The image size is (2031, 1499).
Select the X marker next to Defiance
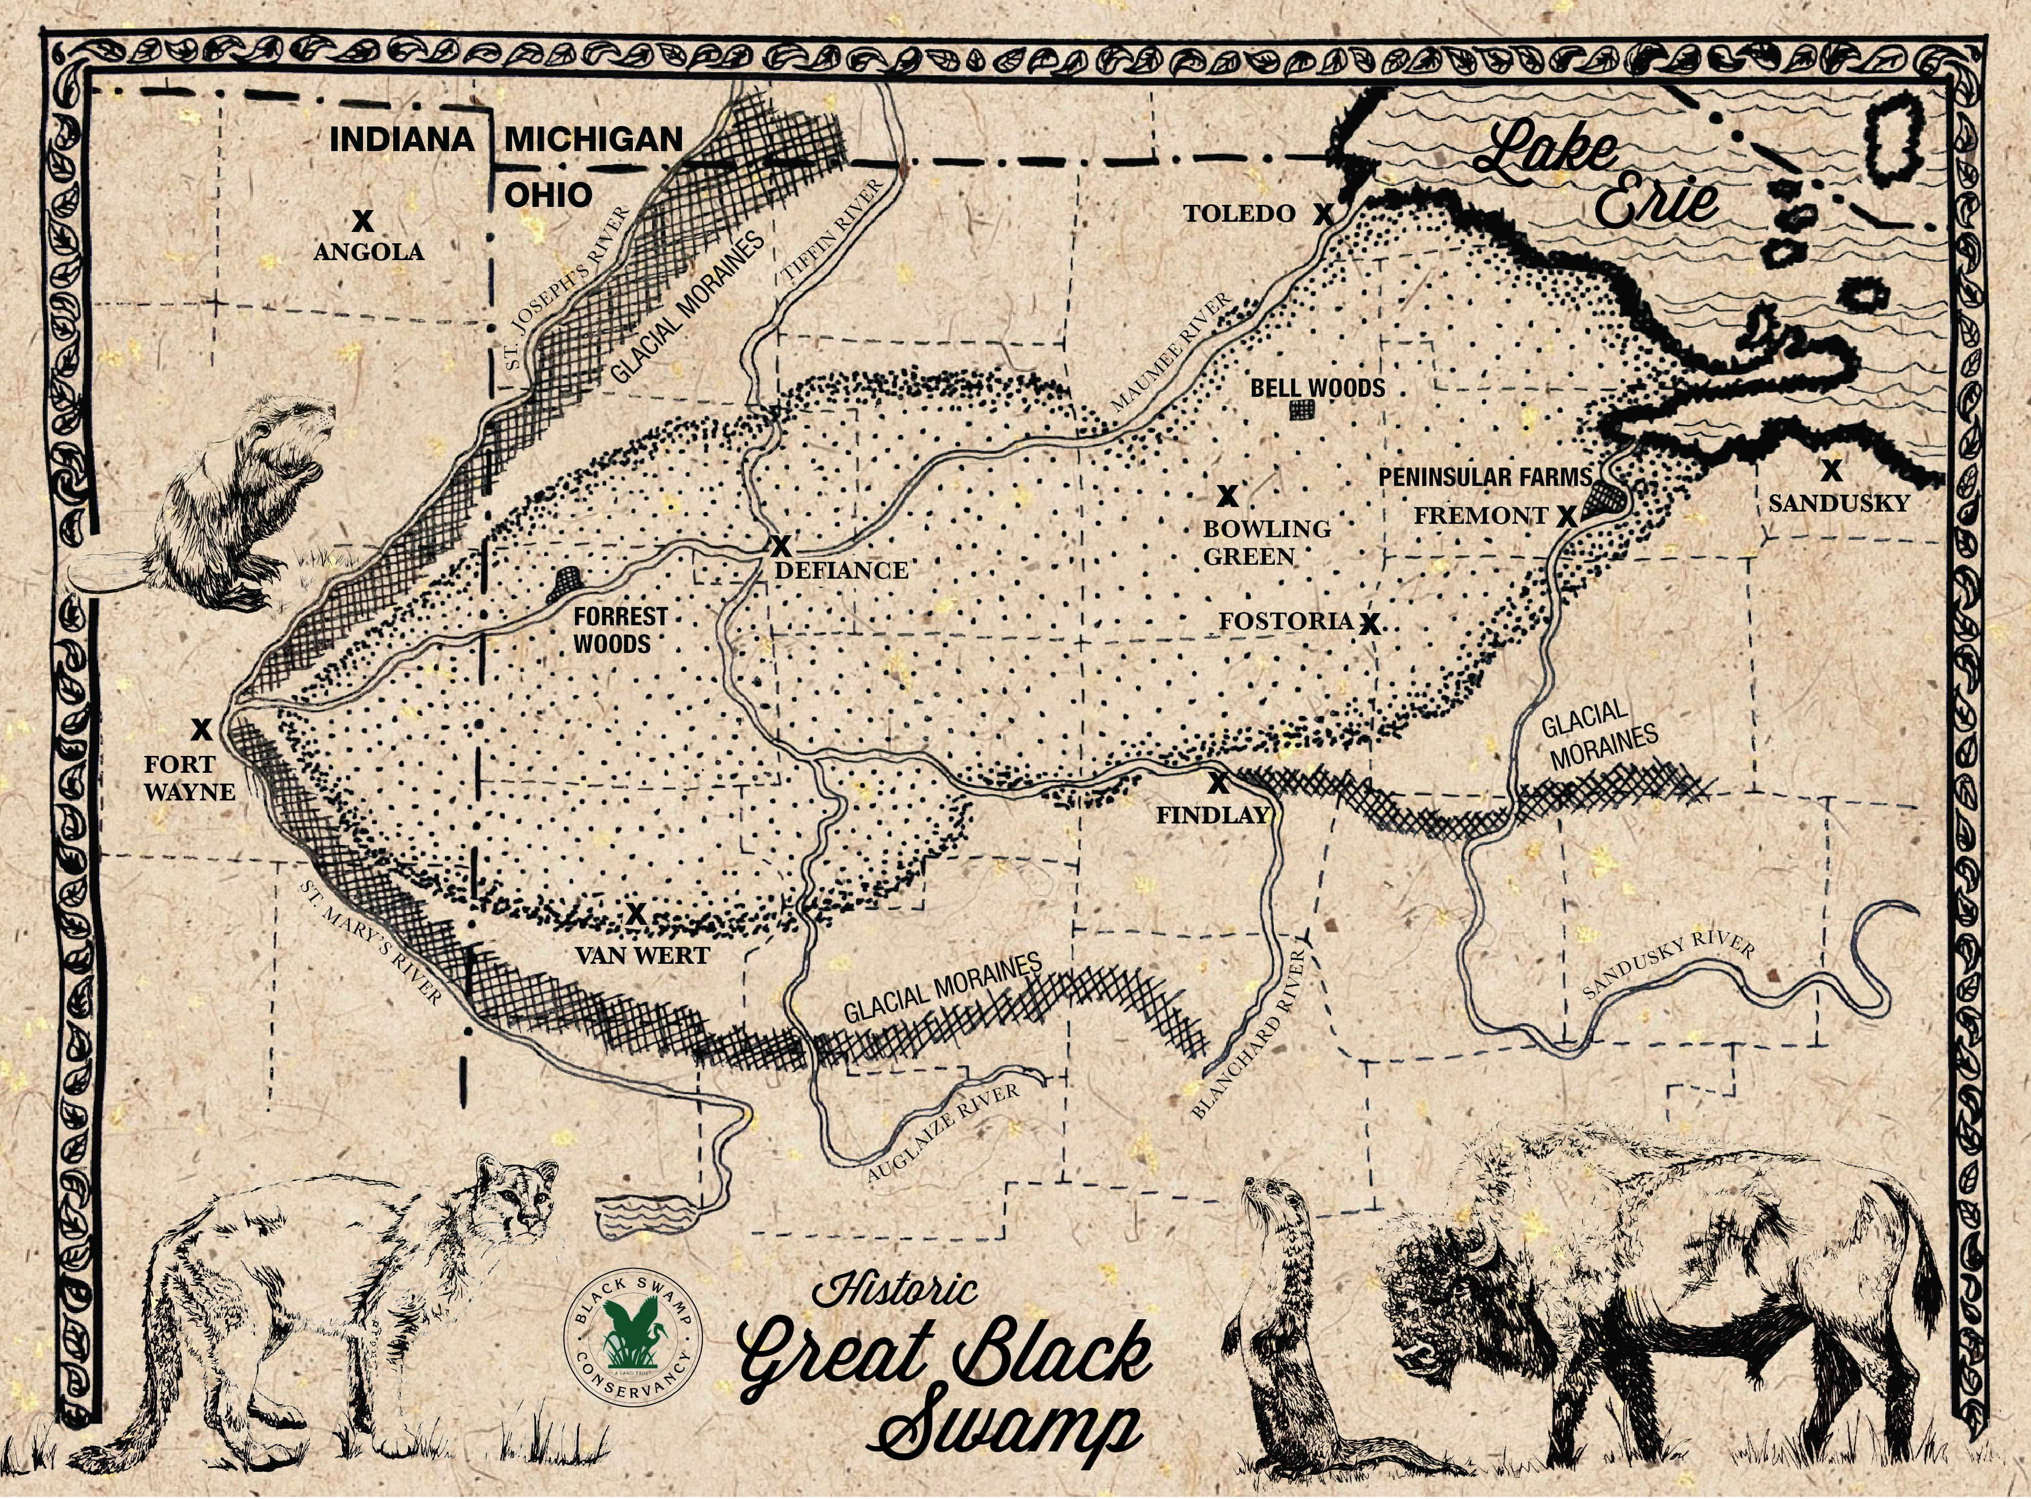[x=779, y=545]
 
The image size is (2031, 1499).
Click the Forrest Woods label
[x=619, y=630]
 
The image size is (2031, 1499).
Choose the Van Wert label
[x=642, y=956]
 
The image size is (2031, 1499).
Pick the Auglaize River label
[x=944, y=1132]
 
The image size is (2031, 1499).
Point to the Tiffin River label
[x=832, y=233]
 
